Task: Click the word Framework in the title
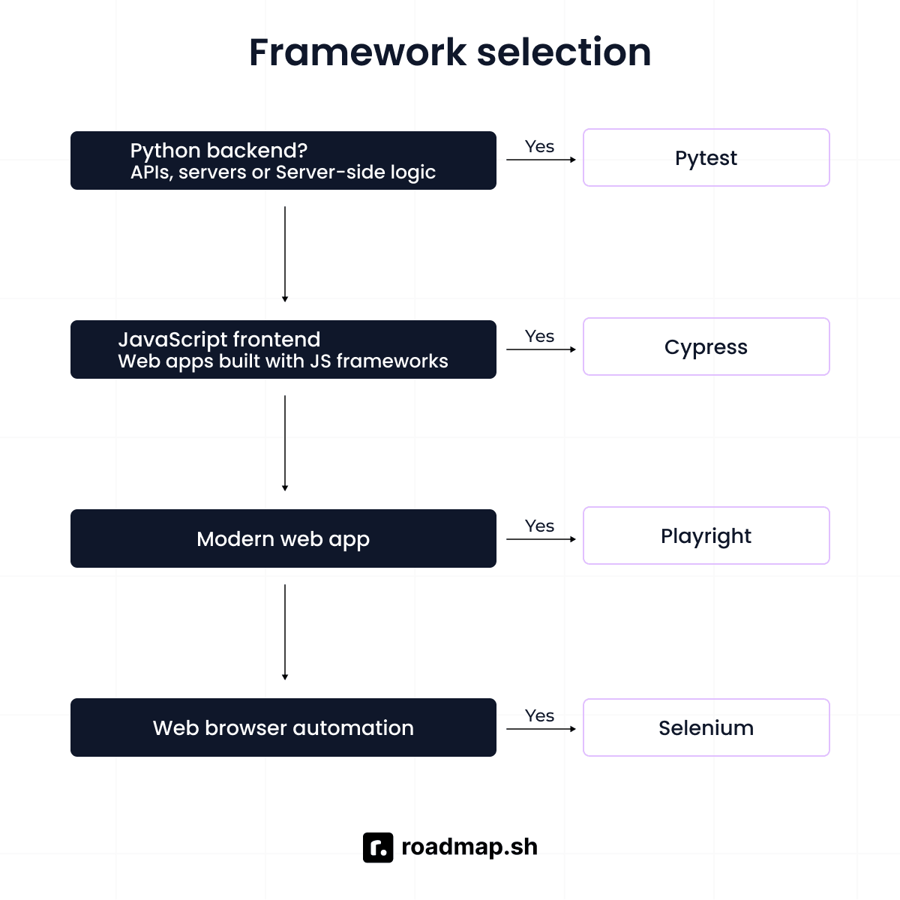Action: point(358,52)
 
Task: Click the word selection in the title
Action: point(564,52)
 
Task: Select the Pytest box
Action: point(706,157)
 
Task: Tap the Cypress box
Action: point(706,346)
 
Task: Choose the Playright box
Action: point(706,535)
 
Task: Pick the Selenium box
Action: point(706,727)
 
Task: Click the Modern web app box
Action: point(283,538)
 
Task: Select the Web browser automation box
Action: point(283,727)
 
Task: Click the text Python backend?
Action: point(218,151)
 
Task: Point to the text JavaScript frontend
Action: point(219,340)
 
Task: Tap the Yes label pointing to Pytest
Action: point(539,147)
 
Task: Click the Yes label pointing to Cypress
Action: point(539,336)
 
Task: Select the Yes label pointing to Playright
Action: point(539,526)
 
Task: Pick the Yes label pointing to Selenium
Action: point(539,715)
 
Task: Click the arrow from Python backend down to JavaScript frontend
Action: point(285,254)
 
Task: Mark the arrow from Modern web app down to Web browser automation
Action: point(285,632)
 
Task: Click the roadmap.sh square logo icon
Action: point(378,847)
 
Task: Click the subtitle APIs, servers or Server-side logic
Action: point(283,172)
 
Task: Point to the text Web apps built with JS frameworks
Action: point(283,361)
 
